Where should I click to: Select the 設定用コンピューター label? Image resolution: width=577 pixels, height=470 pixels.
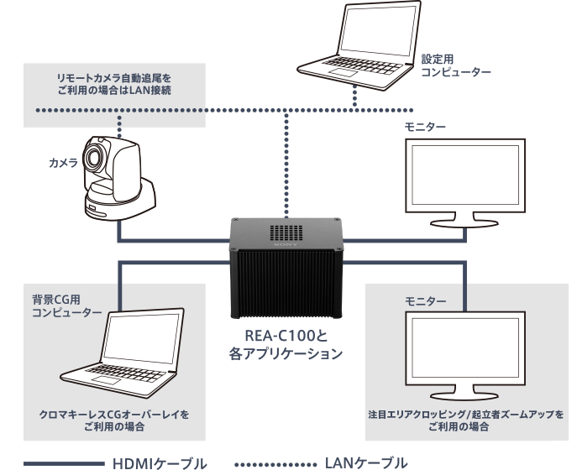pyautogui.click(x=456, y=67)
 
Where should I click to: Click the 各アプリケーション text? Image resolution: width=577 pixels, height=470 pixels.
pyautogui.click(x=285, y=354)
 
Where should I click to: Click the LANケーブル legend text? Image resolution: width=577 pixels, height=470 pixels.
pyautogui.click(x=366, y=462)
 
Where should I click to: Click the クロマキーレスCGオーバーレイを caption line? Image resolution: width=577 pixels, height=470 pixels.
pyautogui.click(x=115, y=414)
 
